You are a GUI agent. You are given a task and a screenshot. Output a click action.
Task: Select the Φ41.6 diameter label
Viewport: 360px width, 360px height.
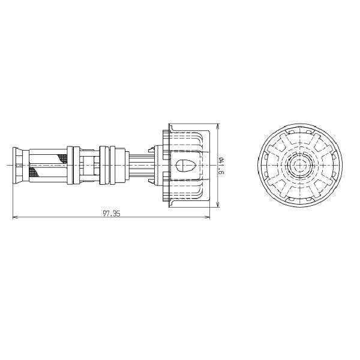[x=221, y=165]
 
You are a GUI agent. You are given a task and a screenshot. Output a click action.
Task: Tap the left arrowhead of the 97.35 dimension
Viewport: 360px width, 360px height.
[x=14, y=218]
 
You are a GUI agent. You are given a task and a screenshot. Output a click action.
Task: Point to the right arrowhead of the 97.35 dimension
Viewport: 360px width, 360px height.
[x=208, y=218]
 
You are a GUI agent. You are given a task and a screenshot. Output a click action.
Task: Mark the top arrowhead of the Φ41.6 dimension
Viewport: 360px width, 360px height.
[x=217, y=127]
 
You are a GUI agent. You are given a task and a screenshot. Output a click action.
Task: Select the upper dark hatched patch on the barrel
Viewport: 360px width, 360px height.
[x=63, y=158]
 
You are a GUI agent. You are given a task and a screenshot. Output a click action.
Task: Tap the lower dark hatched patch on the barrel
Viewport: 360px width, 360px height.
[x=35, y=173]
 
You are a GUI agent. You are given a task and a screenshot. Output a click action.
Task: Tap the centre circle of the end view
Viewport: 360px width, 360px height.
[x=298, y=164]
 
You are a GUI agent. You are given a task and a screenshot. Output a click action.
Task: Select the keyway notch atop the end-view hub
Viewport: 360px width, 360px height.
[x=298, y=153]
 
